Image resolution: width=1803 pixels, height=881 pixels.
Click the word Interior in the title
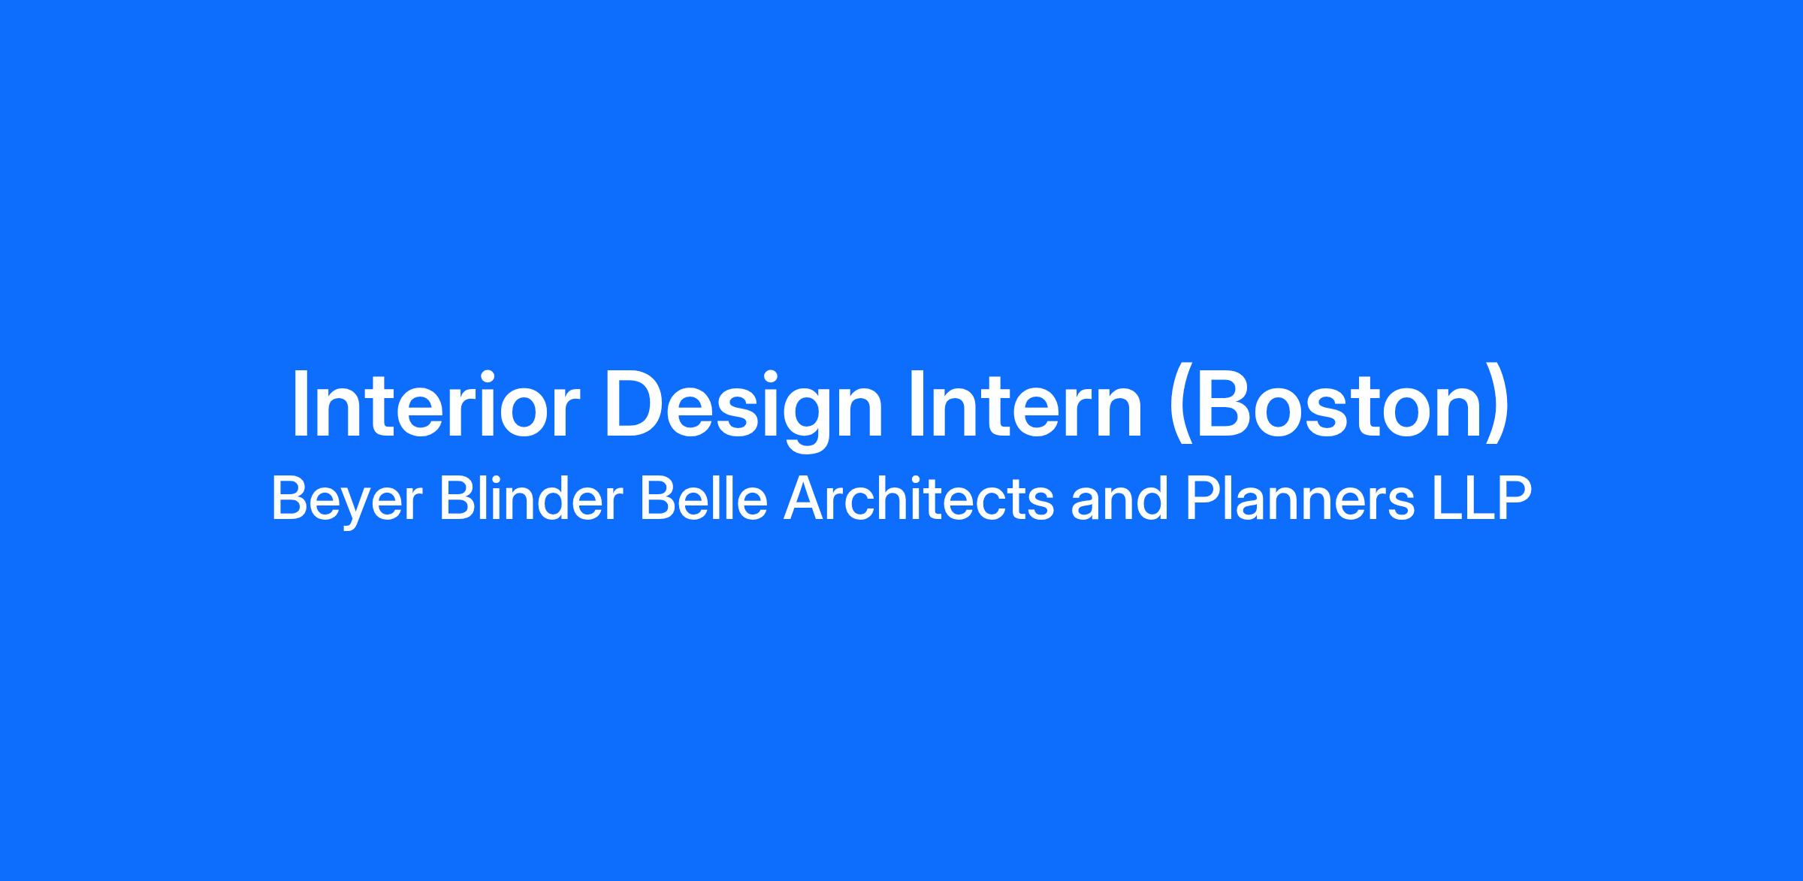coord(435,403)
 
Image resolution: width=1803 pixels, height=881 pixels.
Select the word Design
coord(744,410)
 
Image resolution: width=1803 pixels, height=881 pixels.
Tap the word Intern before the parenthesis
coord(1025,403)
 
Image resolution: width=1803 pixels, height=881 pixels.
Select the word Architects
coord(919,499)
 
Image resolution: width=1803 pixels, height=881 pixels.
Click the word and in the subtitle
coord(1119,499)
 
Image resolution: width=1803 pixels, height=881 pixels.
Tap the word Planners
coord(1300,499)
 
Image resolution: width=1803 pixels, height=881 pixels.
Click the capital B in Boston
coord(1222,404)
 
